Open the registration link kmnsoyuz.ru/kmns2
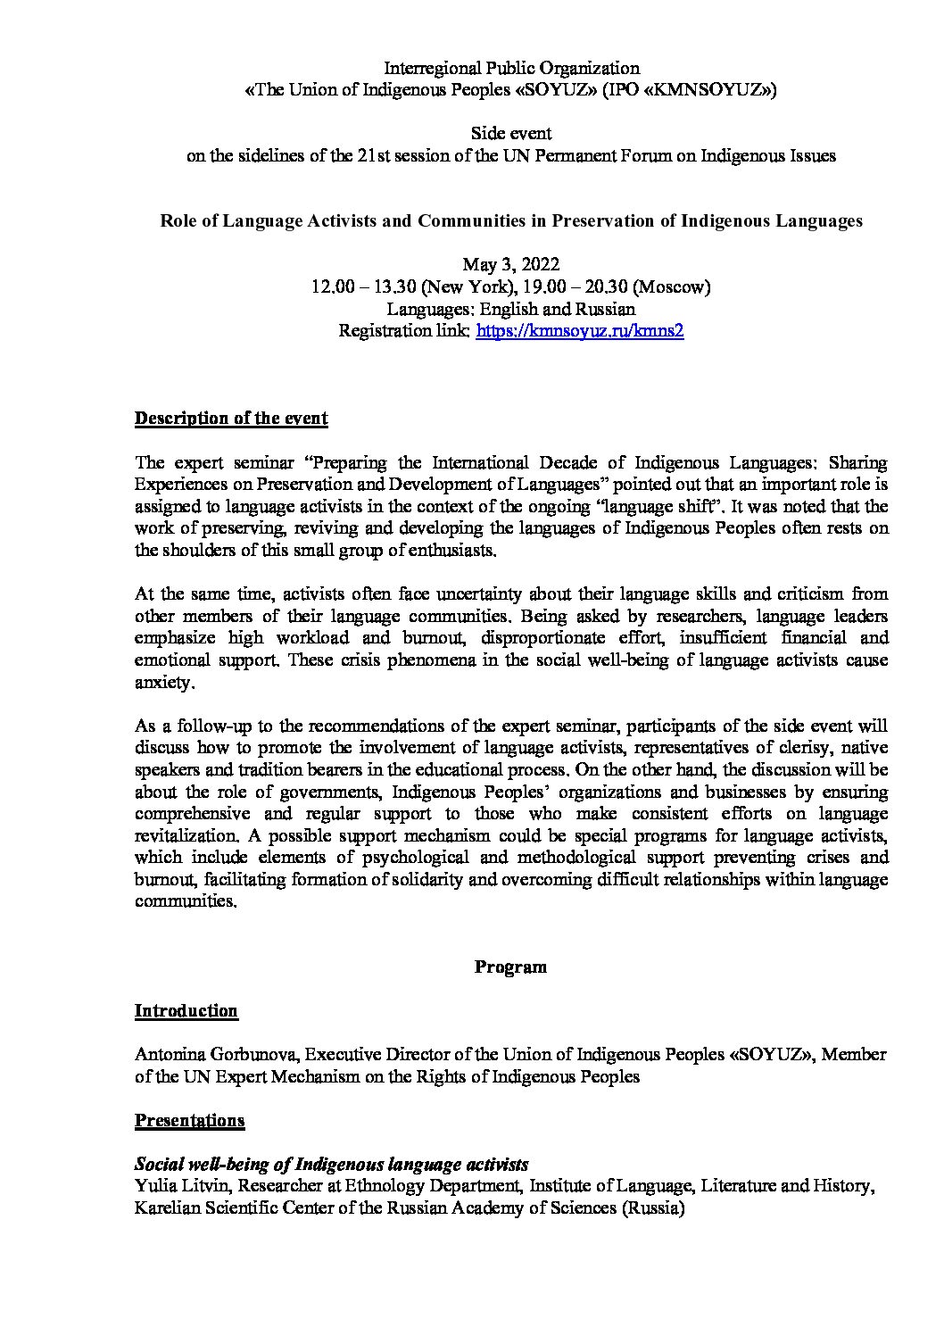point(580,331)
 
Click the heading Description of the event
point(231,419)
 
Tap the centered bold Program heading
point(510,967)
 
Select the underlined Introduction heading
point(186,1010)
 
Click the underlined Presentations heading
point(189,1120)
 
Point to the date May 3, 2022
point(510,265)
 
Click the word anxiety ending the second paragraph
point(162,682)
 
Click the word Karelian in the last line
point(168,1208)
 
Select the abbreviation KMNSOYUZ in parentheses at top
point(707,90)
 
